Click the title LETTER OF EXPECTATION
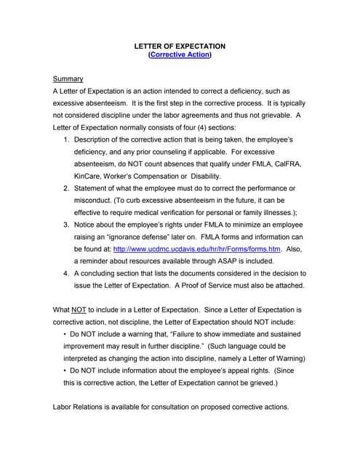point(180,46)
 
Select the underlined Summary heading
point(68,78)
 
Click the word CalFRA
point(285,163)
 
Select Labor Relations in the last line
point(80,407)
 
